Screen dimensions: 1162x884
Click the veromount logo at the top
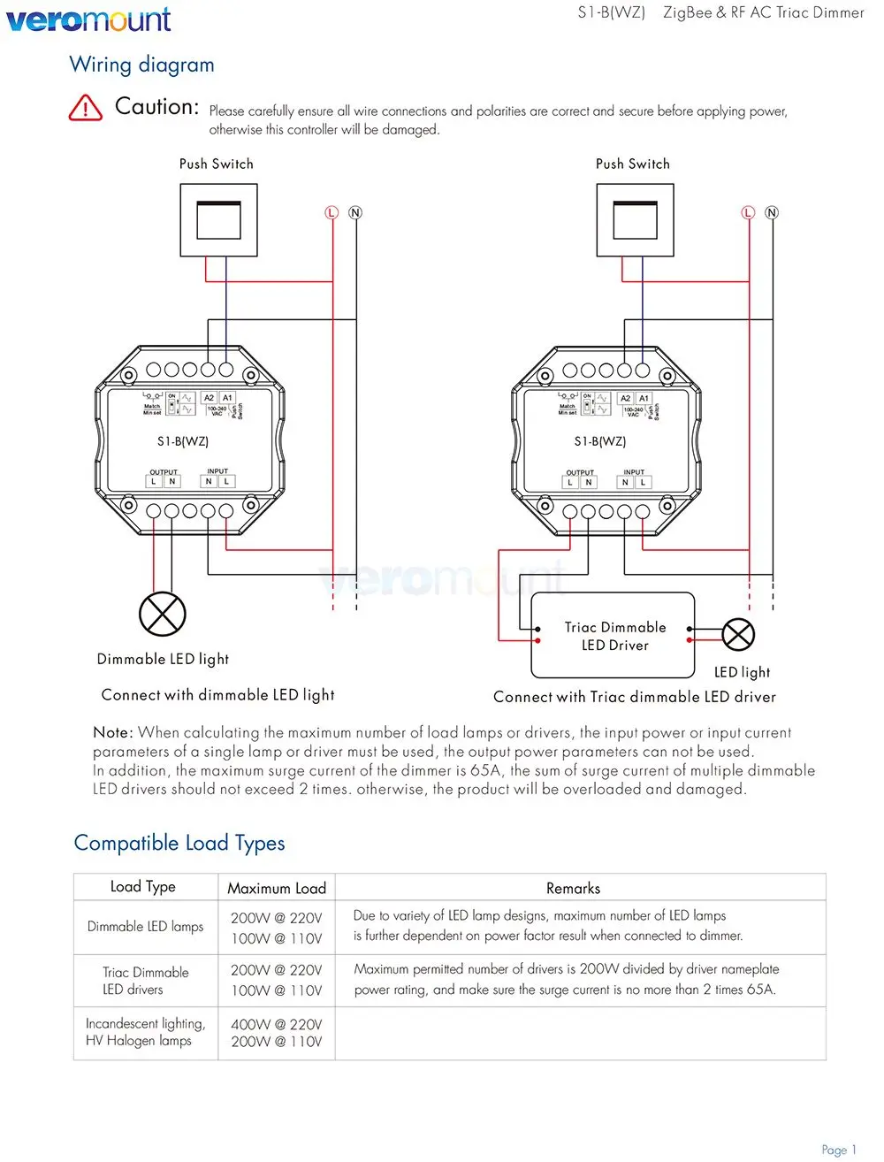click(88, 19)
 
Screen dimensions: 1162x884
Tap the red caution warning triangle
click(85, 108)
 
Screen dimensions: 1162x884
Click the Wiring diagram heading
click(141, 65)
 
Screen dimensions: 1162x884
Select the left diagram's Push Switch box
click(218, 220)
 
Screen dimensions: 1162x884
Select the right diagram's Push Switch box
click(635, 220)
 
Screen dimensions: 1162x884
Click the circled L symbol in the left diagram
click(332, 212)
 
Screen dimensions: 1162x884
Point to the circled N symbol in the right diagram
click(772, 212)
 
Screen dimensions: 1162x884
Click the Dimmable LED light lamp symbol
click(163, 613)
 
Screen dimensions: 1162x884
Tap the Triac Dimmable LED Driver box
click(614, 636)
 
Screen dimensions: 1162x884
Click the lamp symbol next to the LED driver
click(738, 634)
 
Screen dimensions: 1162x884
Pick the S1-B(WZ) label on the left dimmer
click(183, 440)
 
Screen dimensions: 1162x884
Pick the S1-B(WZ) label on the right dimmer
click(600, 440)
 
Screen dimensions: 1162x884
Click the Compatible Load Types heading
click(179, 843)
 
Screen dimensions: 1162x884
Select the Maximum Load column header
click(277, 888)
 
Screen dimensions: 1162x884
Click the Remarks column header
click(573, 888)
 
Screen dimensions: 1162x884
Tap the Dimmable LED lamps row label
click(145, 927)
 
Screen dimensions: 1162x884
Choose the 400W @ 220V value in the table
click(277, 1024)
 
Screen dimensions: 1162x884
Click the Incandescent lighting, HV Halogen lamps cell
click(145, 1032)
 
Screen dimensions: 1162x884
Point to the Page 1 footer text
click(839, 1150)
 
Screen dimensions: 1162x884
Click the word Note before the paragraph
click(112, 732)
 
